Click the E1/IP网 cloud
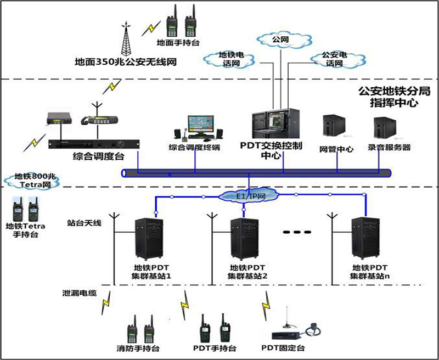point(247,195)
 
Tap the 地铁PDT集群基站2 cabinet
point(245,239)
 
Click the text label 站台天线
point(84,224)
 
